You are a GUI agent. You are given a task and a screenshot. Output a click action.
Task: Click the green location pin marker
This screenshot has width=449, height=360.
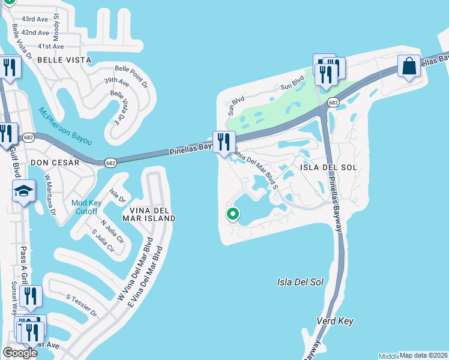232,214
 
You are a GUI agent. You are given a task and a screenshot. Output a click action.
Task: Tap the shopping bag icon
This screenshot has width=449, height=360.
409,67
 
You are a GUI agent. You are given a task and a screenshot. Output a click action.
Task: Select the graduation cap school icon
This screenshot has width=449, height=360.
23,192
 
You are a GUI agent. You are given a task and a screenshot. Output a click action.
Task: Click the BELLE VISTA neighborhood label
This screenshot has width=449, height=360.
64,60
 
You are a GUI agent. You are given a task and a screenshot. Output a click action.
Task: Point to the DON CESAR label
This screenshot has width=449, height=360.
55,163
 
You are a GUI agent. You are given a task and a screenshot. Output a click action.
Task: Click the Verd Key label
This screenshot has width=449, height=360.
336,321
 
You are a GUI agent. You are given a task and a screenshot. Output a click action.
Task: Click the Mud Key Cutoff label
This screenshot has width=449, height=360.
89,206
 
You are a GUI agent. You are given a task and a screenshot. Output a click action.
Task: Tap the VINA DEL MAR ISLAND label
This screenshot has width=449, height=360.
149,214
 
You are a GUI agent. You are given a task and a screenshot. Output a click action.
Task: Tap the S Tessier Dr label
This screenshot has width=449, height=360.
82,305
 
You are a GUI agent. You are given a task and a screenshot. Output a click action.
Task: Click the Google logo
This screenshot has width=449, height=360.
20,353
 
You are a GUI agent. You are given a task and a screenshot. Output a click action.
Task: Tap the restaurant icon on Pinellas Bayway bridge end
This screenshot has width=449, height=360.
224,142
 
